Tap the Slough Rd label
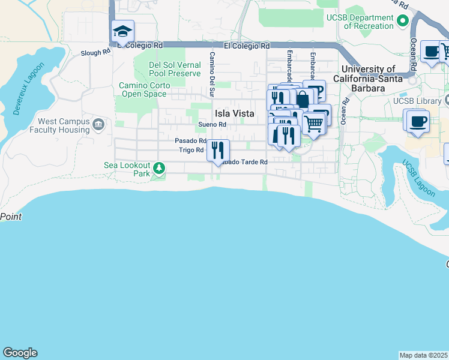click(95, 53)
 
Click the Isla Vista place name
click(234, 113)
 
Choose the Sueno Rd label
click(212, 125)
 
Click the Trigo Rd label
click(191, 150)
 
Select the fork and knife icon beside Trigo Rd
click(218, 149)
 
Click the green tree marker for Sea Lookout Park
click(159, 167)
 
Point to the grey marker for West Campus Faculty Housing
click(99, 125)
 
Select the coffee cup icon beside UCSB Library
click(418, 121)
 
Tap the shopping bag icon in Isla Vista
click(303, 100)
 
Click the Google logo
click(20, 353)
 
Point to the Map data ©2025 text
click(423, 355)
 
